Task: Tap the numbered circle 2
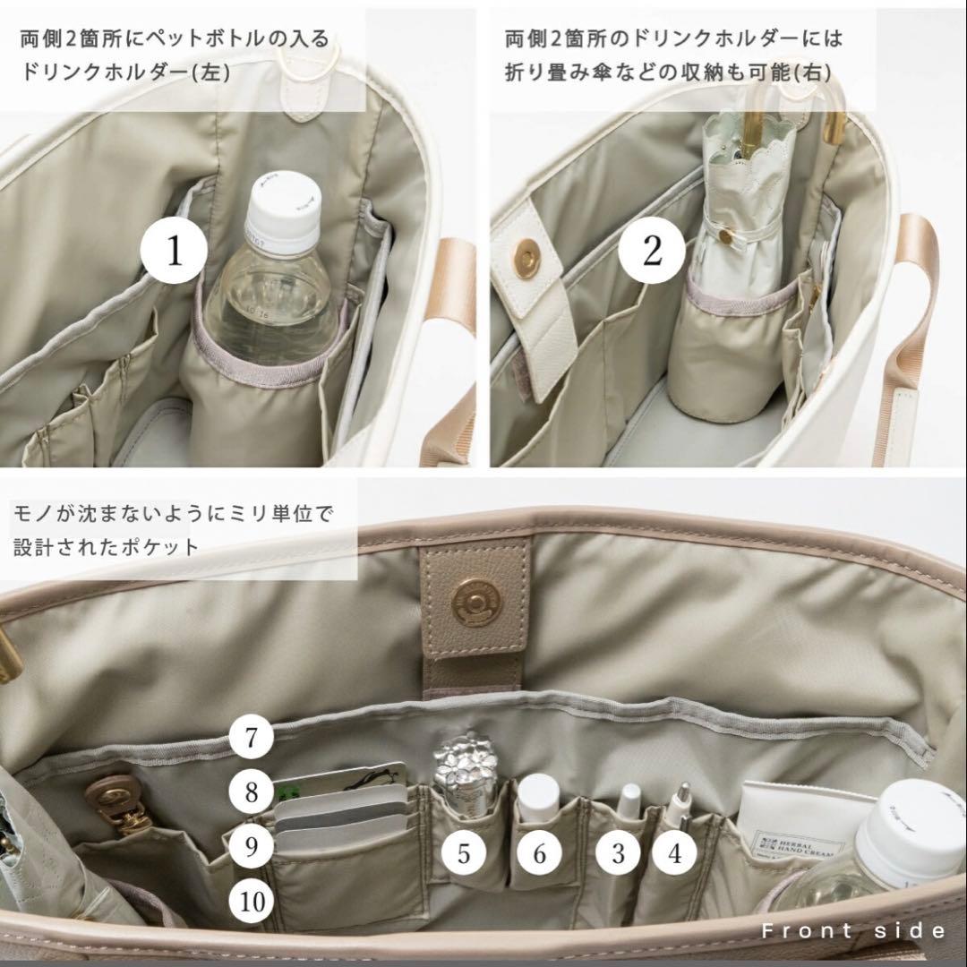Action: point(652,252)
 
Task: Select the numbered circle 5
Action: point(464,852)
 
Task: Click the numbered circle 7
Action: point(252,739)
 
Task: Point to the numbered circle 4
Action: point(675,852)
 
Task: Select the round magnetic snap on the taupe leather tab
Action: point(475,599)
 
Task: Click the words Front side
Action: point(852,931)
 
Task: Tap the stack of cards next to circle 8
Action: point(340,810)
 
